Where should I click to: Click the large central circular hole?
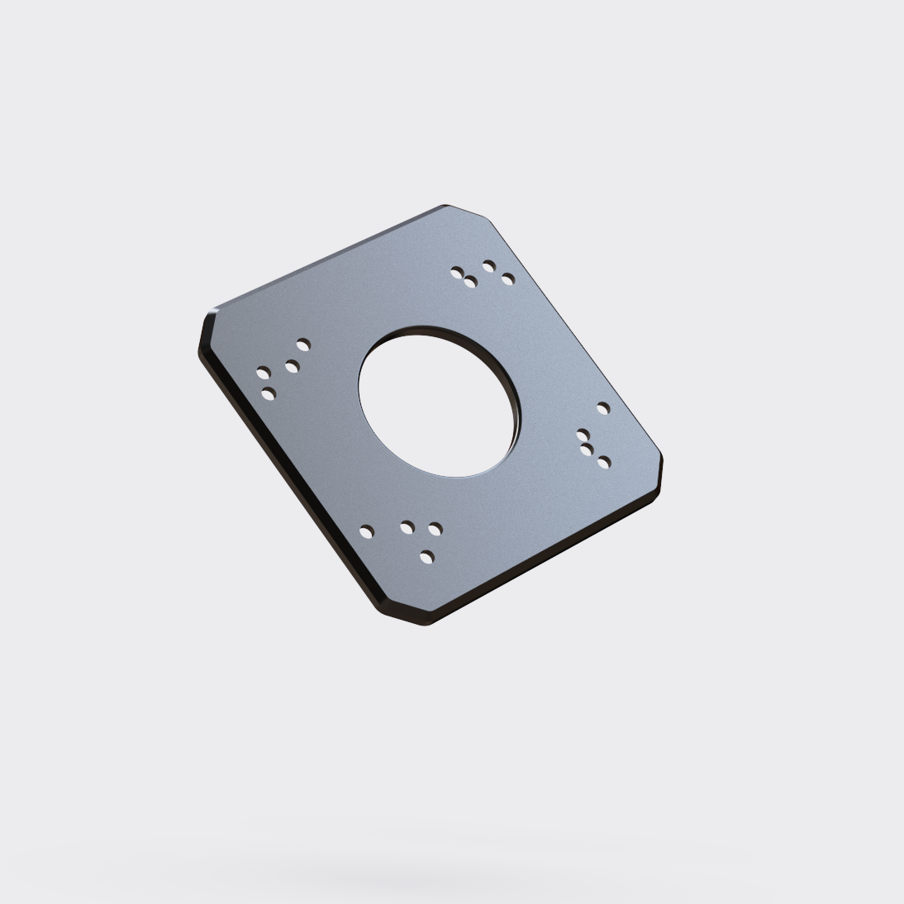[438, 404]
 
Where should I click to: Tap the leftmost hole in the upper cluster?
[456, 271]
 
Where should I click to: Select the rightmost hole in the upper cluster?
[508, 279]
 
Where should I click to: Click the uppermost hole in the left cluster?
[303, 344]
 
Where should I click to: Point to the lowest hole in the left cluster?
[268, 393]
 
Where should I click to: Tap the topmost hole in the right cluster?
[603, 408]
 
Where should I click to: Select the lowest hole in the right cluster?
[604, 462]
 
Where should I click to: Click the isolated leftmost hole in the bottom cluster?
[366, 531]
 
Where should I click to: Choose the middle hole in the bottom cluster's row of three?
[407, 526]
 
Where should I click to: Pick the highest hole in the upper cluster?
[489, 266]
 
